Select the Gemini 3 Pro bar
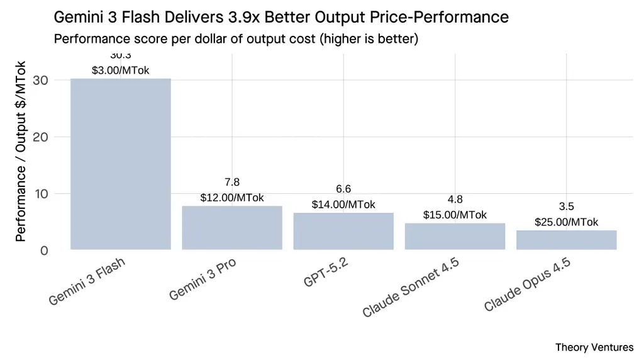[x=232, y=228]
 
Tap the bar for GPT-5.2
[x=343, y=231]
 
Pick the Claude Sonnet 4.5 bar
[x=455, y=236]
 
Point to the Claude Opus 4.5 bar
[x=566, y=240]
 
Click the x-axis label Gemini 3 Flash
[x=87, y=281]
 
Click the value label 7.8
[x=232, y=183]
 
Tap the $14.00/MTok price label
[x=343, y=205]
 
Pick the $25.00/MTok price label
[x=566, y=222]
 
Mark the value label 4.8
[x=455, y=200]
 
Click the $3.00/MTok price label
[x=120, y=70]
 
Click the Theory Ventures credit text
[x=594, y=347]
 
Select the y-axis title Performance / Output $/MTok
[x=21, y=151]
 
